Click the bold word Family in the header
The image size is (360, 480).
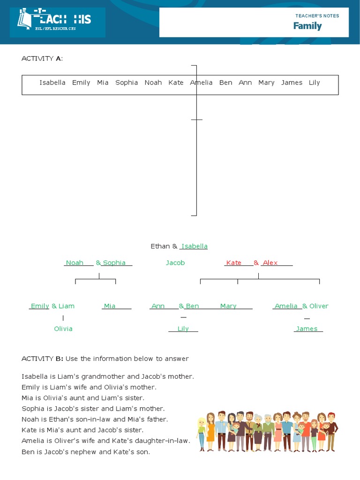(307, 26)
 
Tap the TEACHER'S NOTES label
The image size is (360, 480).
(317, 15)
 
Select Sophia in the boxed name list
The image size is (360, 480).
(127, 82)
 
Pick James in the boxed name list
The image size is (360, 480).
(292, 82)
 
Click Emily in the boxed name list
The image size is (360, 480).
(81, 82)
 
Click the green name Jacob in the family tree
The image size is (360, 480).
(175, 263)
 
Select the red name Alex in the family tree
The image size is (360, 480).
(270, 263)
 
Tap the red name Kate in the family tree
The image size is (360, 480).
(233, 263)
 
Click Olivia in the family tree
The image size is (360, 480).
(63, 329)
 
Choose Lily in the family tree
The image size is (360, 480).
(183, 329)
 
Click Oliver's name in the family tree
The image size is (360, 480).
(319, 306)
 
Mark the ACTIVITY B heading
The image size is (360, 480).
(42, 359)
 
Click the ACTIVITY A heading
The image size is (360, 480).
(42, 59)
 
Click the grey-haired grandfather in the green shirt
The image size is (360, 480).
(268, 431)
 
